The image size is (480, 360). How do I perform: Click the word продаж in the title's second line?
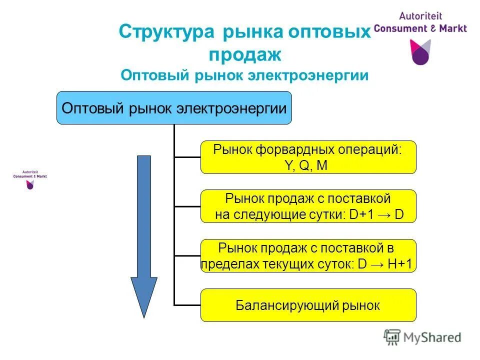pos(244,54)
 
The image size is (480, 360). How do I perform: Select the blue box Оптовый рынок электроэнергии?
pos(173,107)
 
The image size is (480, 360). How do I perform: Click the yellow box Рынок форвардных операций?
pos(308,157)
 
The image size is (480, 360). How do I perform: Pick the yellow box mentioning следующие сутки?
pos(308,206)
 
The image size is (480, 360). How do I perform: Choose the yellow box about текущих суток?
pos(308,255)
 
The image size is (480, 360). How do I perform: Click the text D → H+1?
pos(385,264)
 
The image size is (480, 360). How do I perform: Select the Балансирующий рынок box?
pos(308,305)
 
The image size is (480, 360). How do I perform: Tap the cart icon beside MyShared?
pos(392,337)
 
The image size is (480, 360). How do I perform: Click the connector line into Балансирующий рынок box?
pos(187,305)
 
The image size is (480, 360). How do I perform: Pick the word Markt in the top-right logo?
pos(450,28)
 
